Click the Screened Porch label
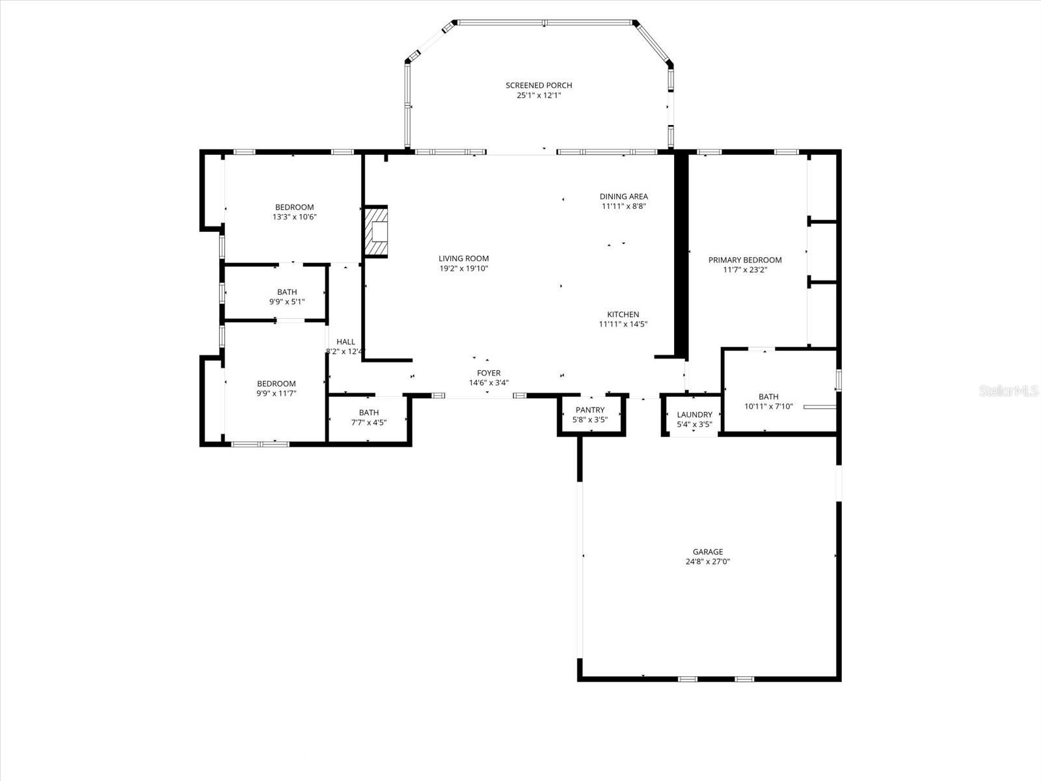point(539,85)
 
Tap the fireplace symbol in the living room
point(376,232)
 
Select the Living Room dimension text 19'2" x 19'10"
point(463,268)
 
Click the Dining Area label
point(623,197)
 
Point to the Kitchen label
point(623,314)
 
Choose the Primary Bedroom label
point(745,260)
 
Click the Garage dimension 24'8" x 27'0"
point(707,562)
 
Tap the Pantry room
point(590,415)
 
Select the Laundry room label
point(694,415)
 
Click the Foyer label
point(489,373)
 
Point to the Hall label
point(345,342)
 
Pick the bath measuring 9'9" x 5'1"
point(287,297)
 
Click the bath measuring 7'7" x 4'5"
point(369,417)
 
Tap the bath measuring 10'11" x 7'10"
point(768,401)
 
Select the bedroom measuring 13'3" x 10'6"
point(294,212)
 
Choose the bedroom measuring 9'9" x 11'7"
point(276,389)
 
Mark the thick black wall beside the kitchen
point(681,254)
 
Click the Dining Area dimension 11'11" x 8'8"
point(623,206)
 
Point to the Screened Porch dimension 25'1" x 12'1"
point(539,95)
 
